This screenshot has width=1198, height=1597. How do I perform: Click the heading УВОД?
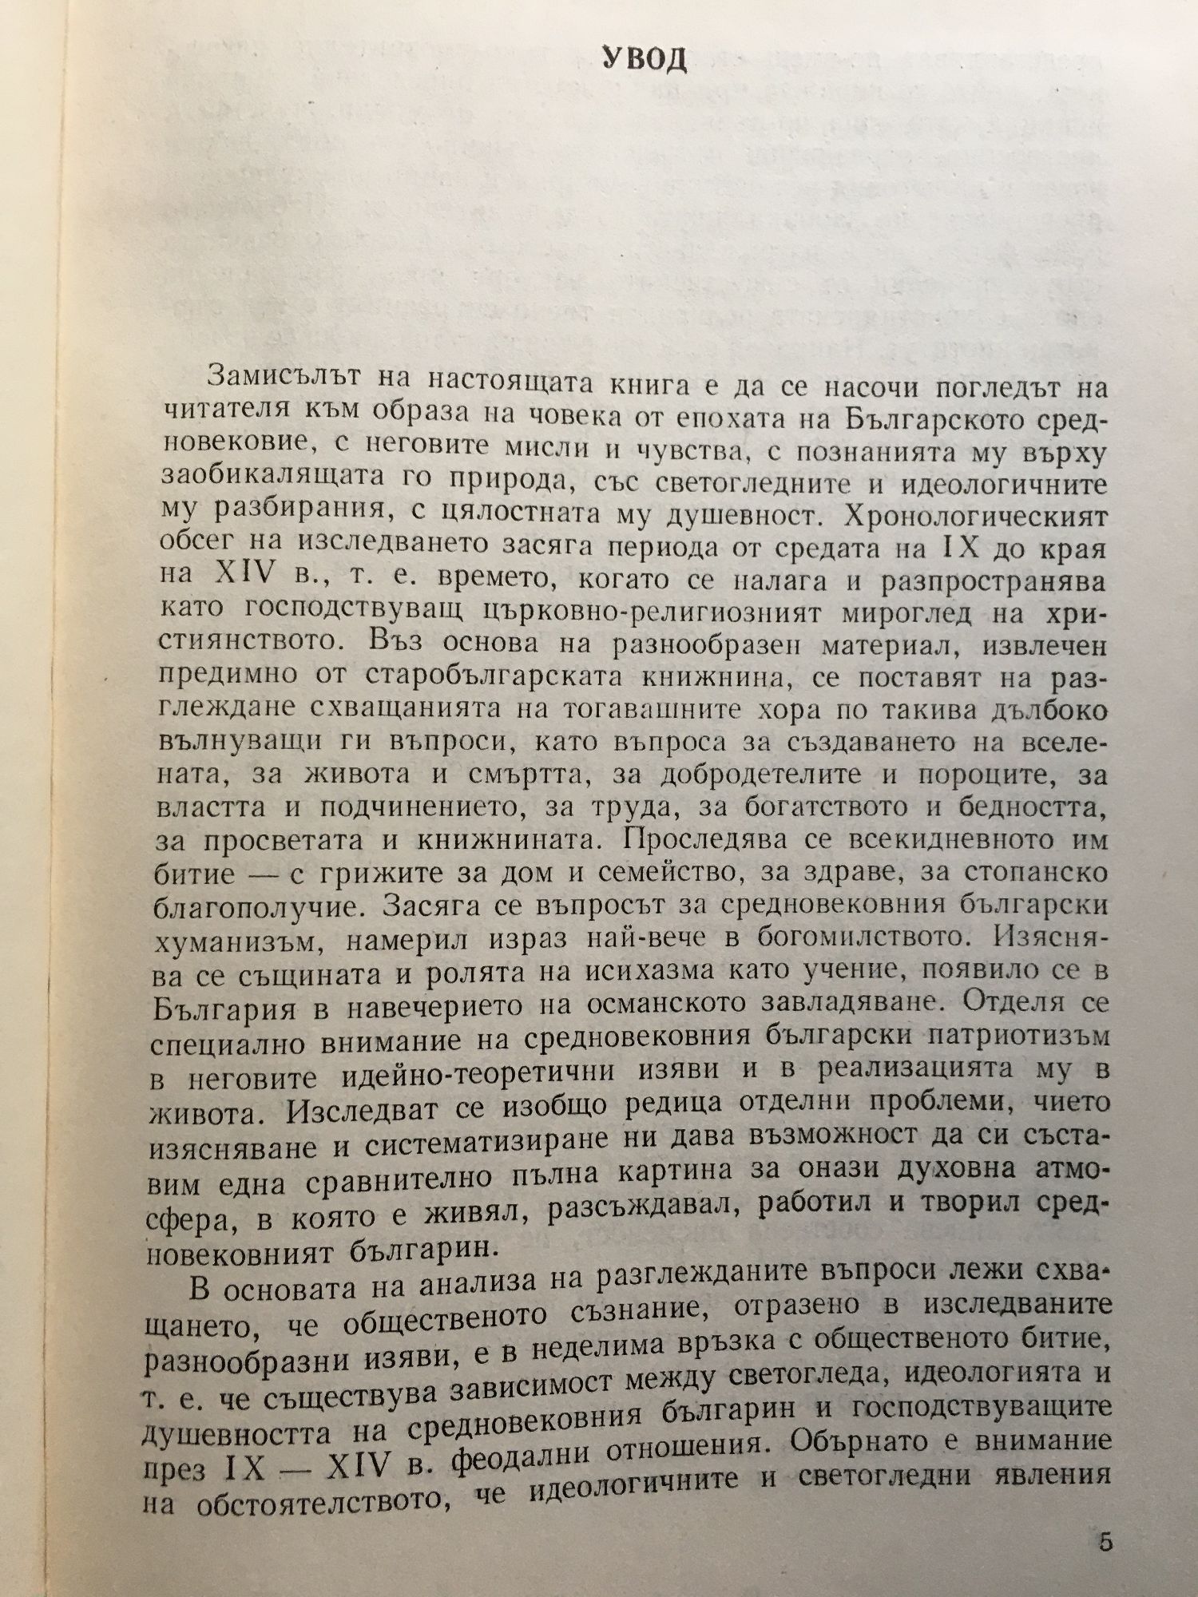tap(643, 61)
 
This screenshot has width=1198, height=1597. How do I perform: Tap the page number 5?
tap(1105, 1541)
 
